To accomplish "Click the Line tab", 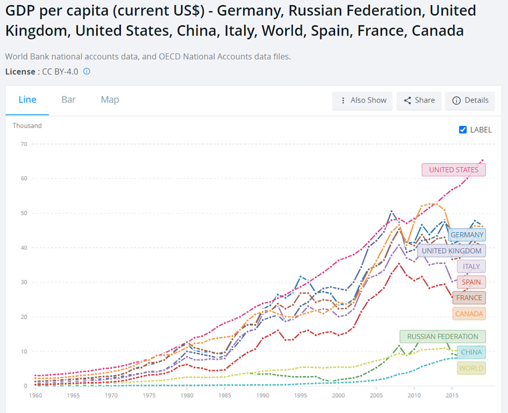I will (x=28, y=100).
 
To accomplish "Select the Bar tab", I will (x=68, y=100).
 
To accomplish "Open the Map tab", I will (x=110, y=100).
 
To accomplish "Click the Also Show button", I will (x=363, y=100).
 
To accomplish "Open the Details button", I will (x=470, y=100).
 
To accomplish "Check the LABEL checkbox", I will (x=462, y=130).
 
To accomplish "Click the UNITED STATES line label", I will (x=453, y=170).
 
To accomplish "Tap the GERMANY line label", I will (x=467, y=235).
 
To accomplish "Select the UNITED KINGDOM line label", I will (x=451, y=250).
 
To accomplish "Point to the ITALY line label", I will (x=471, y=266).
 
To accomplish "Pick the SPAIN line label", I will (x=471, y=282).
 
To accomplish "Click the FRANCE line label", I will (x=469, y=298).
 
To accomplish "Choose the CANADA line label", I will (x=469, y=313).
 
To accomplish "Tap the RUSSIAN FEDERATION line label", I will (x=442, y=336).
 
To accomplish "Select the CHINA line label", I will (x=471, y=352).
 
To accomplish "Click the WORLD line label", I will (x=471, y=368).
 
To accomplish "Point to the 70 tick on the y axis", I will (x=23, y=144).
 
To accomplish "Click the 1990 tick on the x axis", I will (x=261, y=395).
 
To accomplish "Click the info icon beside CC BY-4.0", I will (x=87, y=71).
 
